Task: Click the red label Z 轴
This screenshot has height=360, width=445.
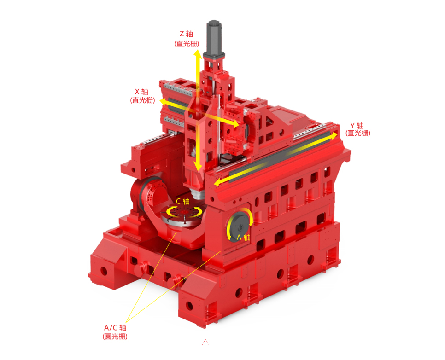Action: click(187, 34)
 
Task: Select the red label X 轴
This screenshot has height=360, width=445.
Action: click(141, 92)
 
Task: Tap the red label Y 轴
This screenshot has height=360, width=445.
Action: click(357, 126)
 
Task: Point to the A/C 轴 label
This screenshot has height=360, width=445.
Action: click(115, 328)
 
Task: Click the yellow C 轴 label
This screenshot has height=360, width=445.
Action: click(183, 201)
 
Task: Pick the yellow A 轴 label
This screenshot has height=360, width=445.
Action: click(244, 237)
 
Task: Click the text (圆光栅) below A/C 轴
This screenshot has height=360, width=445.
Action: click(115, 337)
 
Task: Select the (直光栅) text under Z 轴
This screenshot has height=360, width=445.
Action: click(187, 44)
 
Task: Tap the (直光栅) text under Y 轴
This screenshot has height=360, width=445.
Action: click(358, 133)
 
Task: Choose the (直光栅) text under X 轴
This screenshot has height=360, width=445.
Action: click(142, 100)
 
